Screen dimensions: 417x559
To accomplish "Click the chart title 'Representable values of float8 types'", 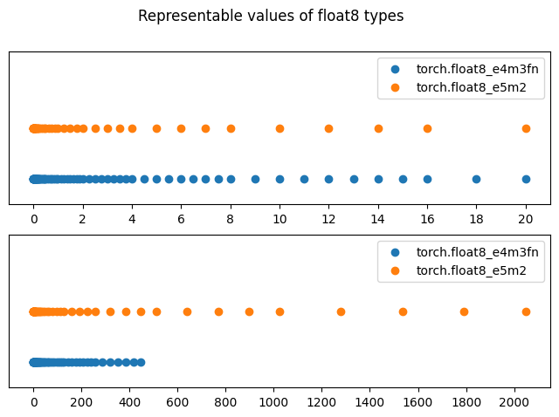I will [271, 16].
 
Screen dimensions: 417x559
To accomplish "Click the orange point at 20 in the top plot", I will [526, 128].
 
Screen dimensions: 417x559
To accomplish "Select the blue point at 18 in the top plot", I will [476, 179].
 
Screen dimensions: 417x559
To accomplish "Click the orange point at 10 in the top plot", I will [279, 128].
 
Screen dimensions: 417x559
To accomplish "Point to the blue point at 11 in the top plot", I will [304, 179].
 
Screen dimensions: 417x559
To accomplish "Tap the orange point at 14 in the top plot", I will [378, 128].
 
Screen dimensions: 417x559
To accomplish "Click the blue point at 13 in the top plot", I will [354, 179].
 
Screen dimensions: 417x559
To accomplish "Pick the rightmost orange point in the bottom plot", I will [526, 311].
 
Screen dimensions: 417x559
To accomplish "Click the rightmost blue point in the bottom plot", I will [141, 362].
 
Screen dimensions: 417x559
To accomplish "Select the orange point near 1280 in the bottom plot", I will [341, 311].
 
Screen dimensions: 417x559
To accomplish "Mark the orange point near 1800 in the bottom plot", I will [464, 311].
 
